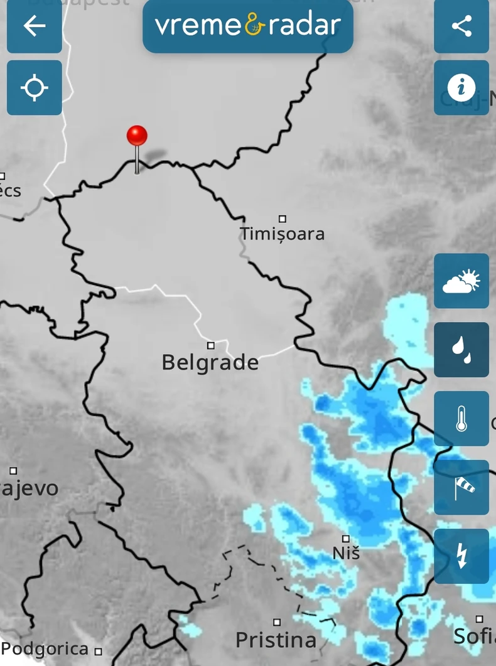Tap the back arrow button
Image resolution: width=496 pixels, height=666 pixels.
tap(35, 26)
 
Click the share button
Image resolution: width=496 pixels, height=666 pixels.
tap(461, 26)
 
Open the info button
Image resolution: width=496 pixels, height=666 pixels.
tap(461, 87)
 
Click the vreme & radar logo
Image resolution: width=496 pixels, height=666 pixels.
tap(248, 26)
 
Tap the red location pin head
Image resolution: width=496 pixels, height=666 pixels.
tap(137, 136)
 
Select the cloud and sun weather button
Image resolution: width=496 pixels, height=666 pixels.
tap(461, 281)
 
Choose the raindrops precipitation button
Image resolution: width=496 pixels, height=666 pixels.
tap(461, 350)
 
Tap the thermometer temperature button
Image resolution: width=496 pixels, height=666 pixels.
tap(461, 419)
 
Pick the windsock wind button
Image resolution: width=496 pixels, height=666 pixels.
tap(461, 488)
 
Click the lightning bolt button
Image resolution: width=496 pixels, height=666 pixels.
tap(461, 556)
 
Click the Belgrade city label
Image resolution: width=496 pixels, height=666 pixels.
tap(210, 363)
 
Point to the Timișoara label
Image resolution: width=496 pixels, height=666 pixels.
tap(283, 234)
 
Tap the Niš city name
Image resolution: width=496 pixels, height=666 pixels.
tap(346, 553)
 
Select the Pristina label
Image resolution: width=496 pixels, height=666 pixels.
tap(276, 640)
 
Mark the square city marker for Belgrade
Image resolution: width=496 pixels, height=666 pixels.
tap(211, 345)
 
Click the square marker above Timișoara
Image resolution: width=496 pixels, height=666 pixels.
tap(283, 219)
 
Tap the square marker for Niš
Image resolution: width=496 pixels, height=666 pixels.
tap(346, 539)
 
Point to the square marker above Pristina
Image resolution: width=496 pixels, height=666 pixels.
tap(277, 622)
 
